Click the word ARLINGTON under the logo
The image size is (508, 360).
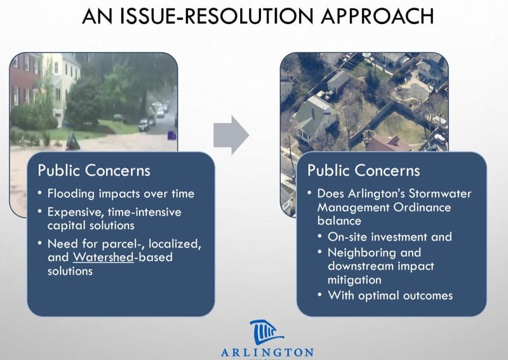pos(267,352)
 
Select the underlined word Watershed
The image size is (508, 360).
pos(99,257)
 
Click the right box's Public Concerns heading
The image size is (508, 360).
pos(364,170)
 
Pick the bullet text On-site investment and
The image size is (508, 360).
pos(390,236)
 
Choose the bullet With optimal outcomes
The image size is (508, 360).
pos(390,295)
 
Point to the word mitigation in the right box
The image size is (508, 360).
pos(355,279)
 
